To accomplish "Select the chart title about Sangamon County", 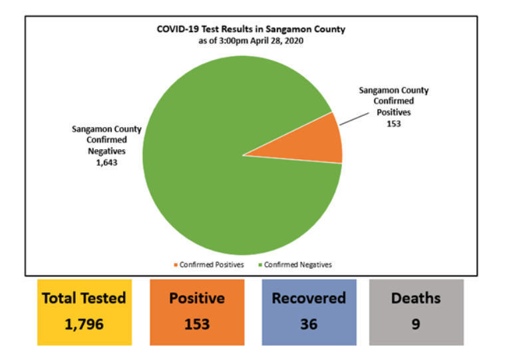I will (x=251, y=29).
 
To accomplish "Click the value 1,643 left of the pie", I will (x=106, y=162).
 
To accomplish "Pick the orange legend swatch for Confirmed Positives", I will (x=176, y=265).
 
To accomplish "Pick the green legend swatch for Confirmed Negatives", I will (x=260, y=265).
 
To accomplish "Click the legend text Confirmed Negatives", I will (x=297, y=265).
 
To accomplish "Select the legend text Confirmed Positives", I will (x=212, y=265).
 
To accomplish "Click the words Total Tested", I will (x=84, y=298).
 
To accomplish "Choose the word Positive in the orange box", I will (x=197, y=298).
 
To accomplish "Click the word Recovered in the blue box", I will (x=309, y=298).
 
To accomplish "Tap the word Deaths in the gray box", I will (x=416, y=298).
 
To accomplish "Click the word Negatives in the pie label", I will (x=106, y=150).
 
